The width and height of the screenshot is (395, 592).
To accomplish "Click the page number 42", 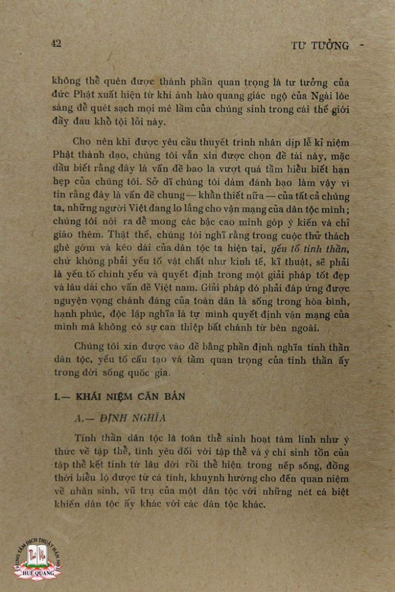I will pyautogui.click(x=56, y=43).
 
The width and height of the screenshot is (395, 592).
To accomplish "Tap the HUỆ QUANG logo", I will pyautogui.click(x=38, y=558).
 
